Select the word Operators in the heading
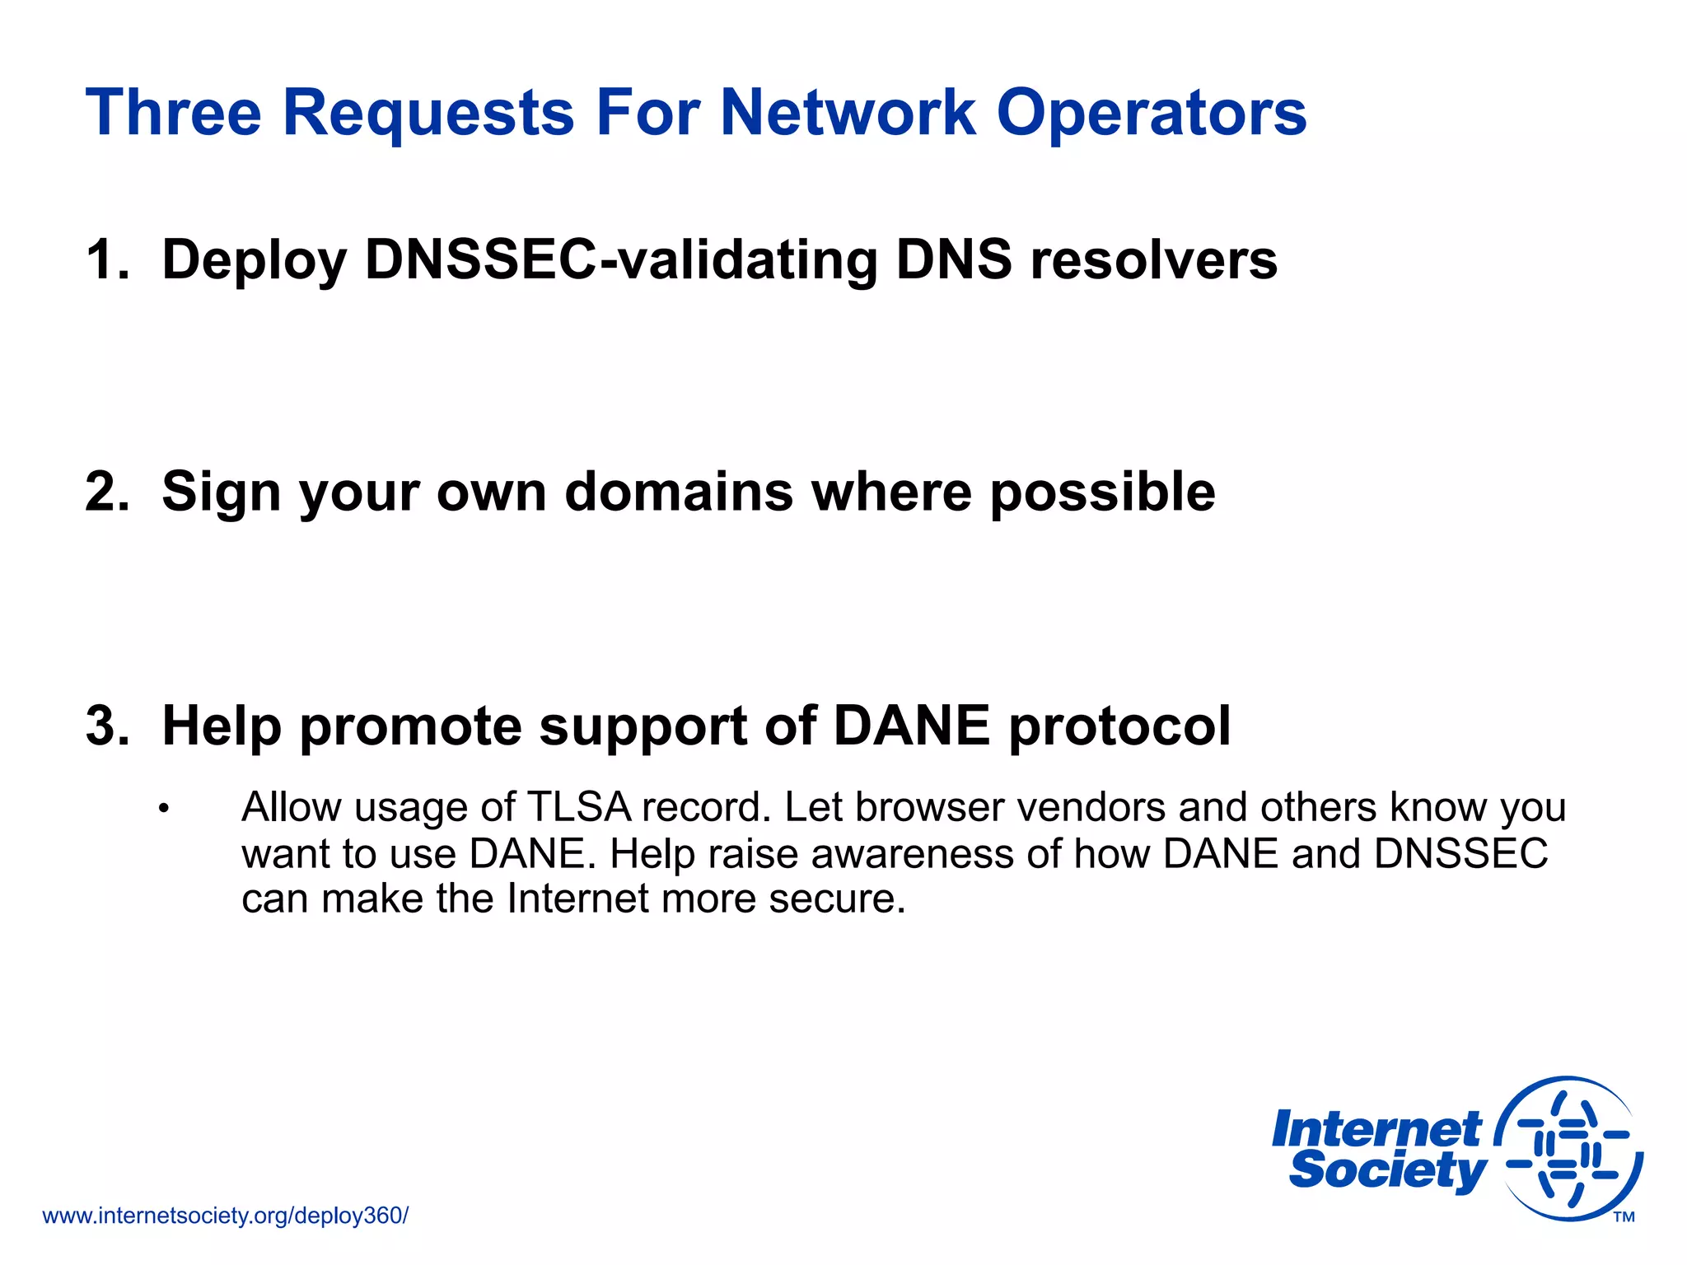(1151, 113)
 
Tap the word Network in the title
(848, 113)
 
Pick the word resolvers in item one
(1153, 260)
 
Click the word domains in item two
(679, 492)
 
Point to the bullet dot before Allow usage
(164, 809)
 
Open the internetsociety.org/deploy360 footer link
(225, 1216)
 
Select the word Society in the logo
(1387, 1172)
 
